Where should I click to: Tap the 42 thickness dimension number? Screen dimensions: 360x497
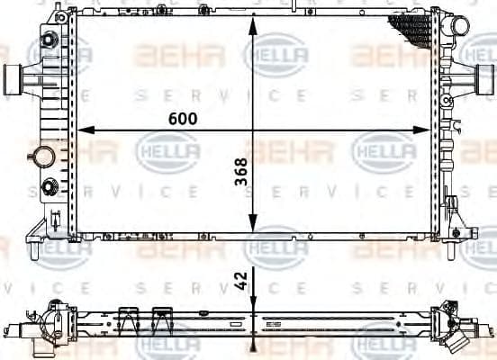click(240, 282)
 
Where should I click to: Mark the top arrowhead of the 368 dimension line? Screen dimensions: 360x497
click(255, 24)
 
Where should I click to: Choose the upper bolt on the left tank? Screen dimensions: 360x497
click(44, 42)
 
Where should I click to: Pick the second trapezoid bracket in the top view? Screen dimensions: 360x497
click(163, 318)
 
